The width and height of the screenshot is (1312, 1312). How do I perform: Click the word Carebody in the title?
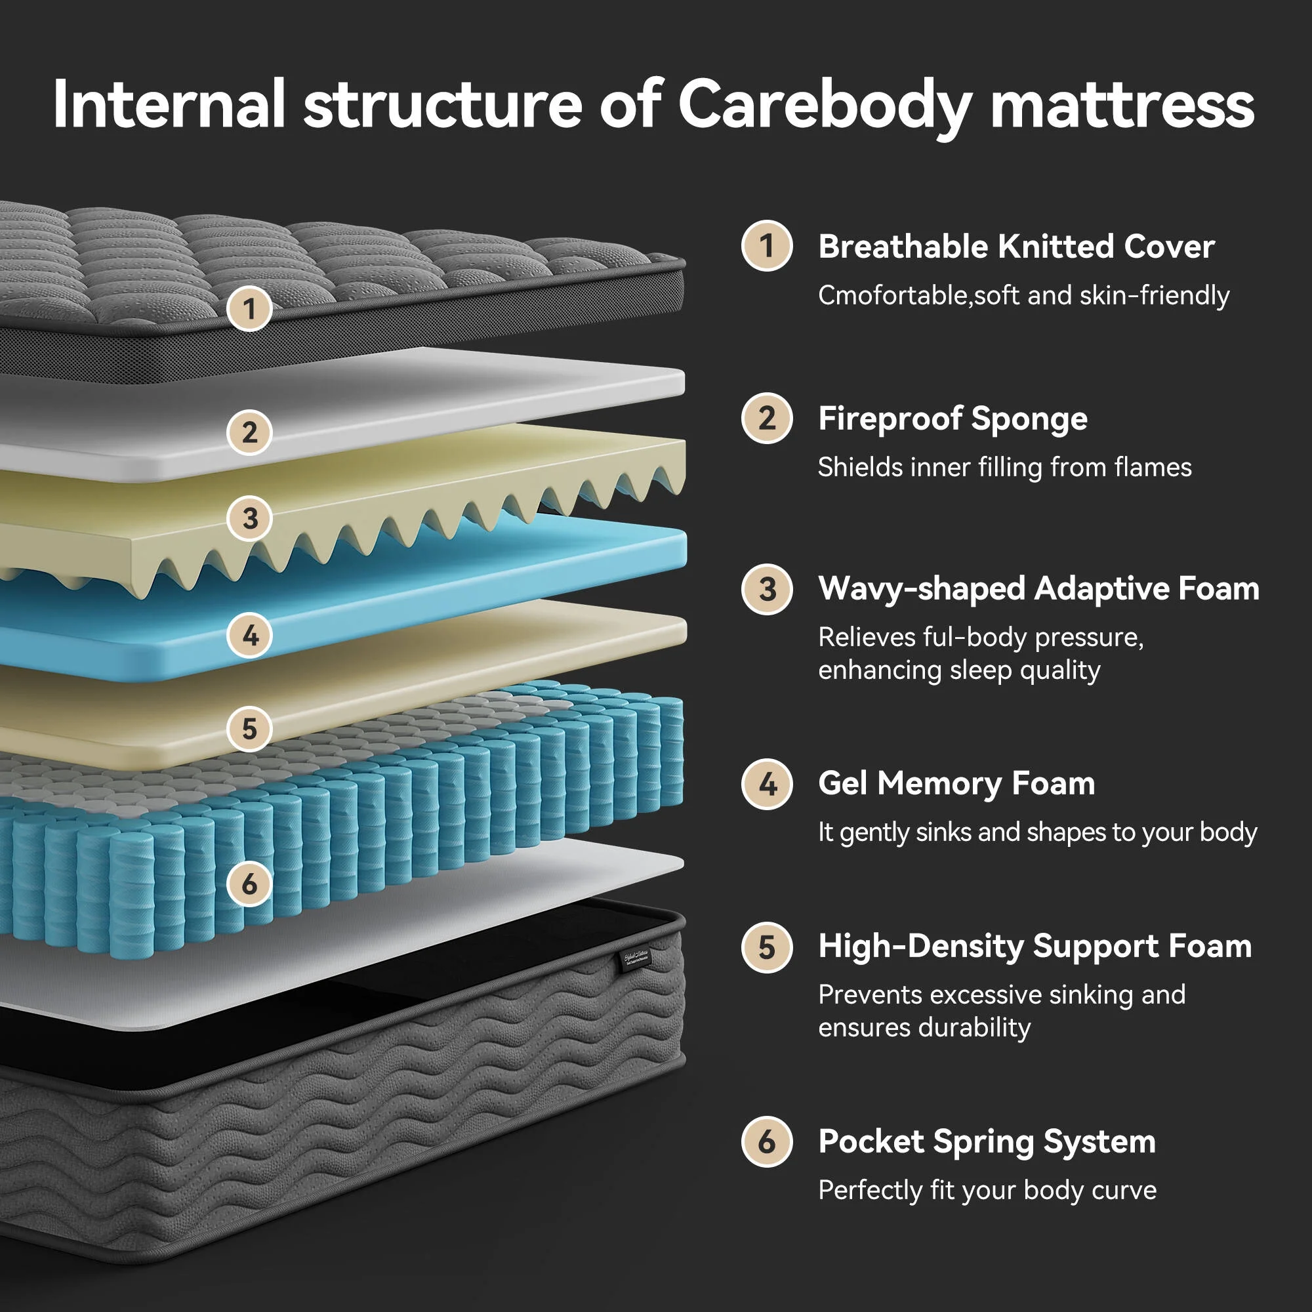coord(825,103)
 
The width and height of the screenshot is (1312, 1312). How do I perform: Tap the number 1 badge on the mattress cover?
coord(249,309)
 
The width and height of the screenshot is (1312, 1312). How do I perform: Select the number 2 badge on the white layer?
coord(249,432)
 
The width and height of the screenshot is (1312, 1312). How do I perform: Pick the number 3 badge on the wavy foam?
coord(249,519)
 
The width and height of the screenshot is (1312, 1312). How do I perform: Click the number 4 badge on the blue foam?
coord(249,636)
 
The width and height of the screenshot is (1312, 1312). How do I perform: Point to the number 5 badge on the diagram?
coord(249,729)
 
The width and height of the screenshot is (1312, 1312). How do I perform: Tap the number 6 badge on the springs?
coord(249,884)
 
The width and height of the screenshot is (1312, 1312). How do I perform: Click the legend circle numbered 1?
coord(767,246)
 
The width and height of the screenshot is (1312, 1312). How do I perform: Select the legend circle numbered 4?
coord(767,785)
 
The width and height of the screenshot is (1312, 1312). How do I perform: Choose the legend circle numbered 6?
coord(767,1141)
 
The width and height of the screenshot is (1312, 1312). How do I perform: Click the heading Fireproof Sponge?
coord(952,419)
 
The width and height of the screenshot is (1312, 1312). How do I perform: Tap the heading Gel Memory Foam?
coord(956,783)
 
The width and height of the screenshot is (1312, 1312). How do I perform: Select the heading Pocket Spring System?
coord(986,1141)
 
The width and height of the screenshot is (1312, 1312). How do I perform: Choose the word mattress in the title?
coord(1122,103)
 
